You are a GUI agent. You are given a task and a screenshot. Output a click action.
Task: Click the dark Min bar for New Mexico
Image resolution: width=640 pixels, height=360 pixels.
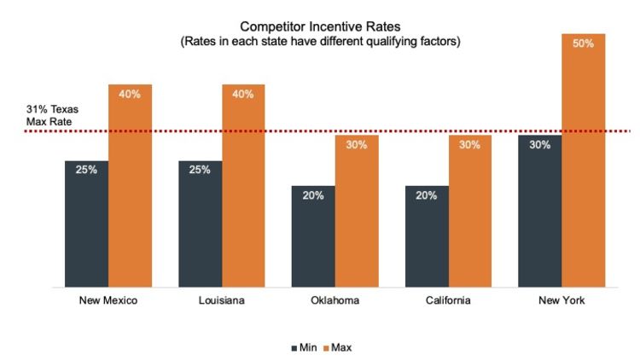86,224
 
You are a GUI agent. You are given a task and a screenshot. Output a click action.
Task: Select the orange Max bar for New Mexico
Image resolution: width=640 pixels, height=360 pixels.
130,185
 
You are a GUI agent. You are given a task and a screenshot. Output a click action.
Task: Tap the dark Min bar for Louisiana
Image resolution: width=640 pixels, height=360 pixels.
200,224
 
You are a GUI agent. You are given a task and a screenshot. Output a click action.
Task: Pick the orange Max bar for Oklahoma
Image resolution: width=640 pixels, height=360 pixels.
357,211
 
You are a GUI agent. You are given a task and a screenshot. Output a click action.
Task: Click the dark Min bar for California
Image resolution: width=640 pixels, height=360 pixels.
427,236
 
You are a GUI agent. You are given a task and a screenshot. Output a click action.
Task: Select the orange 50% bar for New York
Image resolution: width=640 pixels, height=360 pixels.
584,160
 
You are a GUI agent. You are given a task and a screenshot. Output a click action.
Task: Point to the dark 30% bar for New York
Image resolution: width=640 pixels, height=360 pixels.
540,211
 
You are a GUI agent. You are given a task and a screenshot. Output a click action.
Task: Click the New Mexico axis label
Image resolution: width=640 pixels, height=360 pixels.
108,301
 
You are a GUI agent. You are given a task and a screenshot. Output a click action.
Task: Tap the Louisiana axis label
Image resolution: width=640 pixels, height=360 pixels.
221,301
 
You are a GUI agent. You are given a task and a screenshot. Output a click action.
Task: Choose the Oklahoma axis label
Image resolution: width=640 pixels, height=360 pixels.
335,301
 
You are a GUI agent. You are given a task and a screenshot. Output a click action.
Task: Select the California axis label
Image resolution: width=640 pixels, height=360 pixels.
448,301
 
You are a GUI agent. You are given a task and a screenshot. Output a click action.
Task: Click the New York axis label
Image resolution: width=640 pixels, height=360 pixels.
561,301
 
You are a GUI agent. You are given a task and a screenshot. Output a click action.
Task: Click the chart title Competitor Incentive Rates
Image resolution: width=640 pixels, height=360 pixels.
320,26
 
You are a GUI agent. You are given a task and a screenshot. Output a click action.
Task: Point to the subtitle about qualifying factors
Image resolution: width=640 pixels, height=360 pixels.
320,42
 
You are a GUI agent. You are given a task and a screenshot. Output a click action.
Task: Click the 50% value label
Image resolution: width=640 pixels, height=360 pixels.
584,44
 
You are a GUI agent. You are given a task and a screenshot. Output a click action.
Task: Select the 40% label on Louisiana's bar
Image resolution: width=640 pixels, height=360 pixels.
243,94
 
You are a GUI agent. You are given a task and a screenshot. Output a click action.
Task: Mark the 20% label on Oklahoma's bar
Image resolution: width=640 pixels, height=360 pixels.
313,195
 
